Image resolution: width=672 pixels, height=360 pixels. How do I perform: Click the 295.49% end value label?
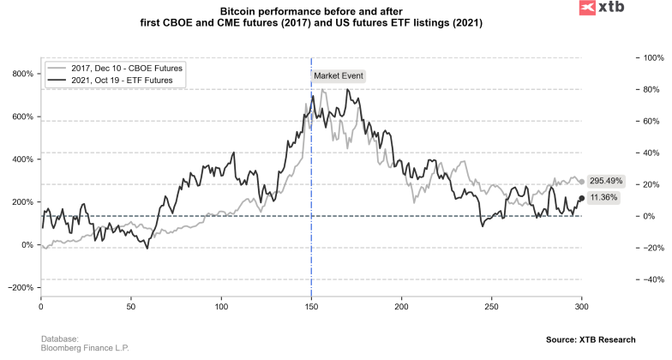pyautogui.click(x=606, y=182)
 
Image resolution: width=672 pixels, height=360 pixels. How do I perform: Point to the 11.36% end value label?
pyautogui.click(x=603, y=198)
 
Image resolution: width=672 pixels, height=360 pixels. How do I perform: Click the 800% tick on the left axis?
pyautogui.click(x=21, y=74)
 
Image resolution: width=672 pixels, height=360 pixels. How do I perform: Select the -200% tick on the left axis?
pyautogui.click(x=20, y=287)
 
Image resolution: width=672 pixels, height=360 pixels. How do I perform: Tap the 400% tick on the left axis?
pyautogui.click(x=21, y=159)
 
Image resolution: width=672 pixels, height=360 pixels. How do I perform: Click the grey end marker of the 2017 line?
pyautogui.click(x=582, y=182)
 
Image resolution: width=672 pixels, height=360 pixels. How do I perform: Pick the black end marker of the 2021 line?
pyautogui.click(x=582, y=199)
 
